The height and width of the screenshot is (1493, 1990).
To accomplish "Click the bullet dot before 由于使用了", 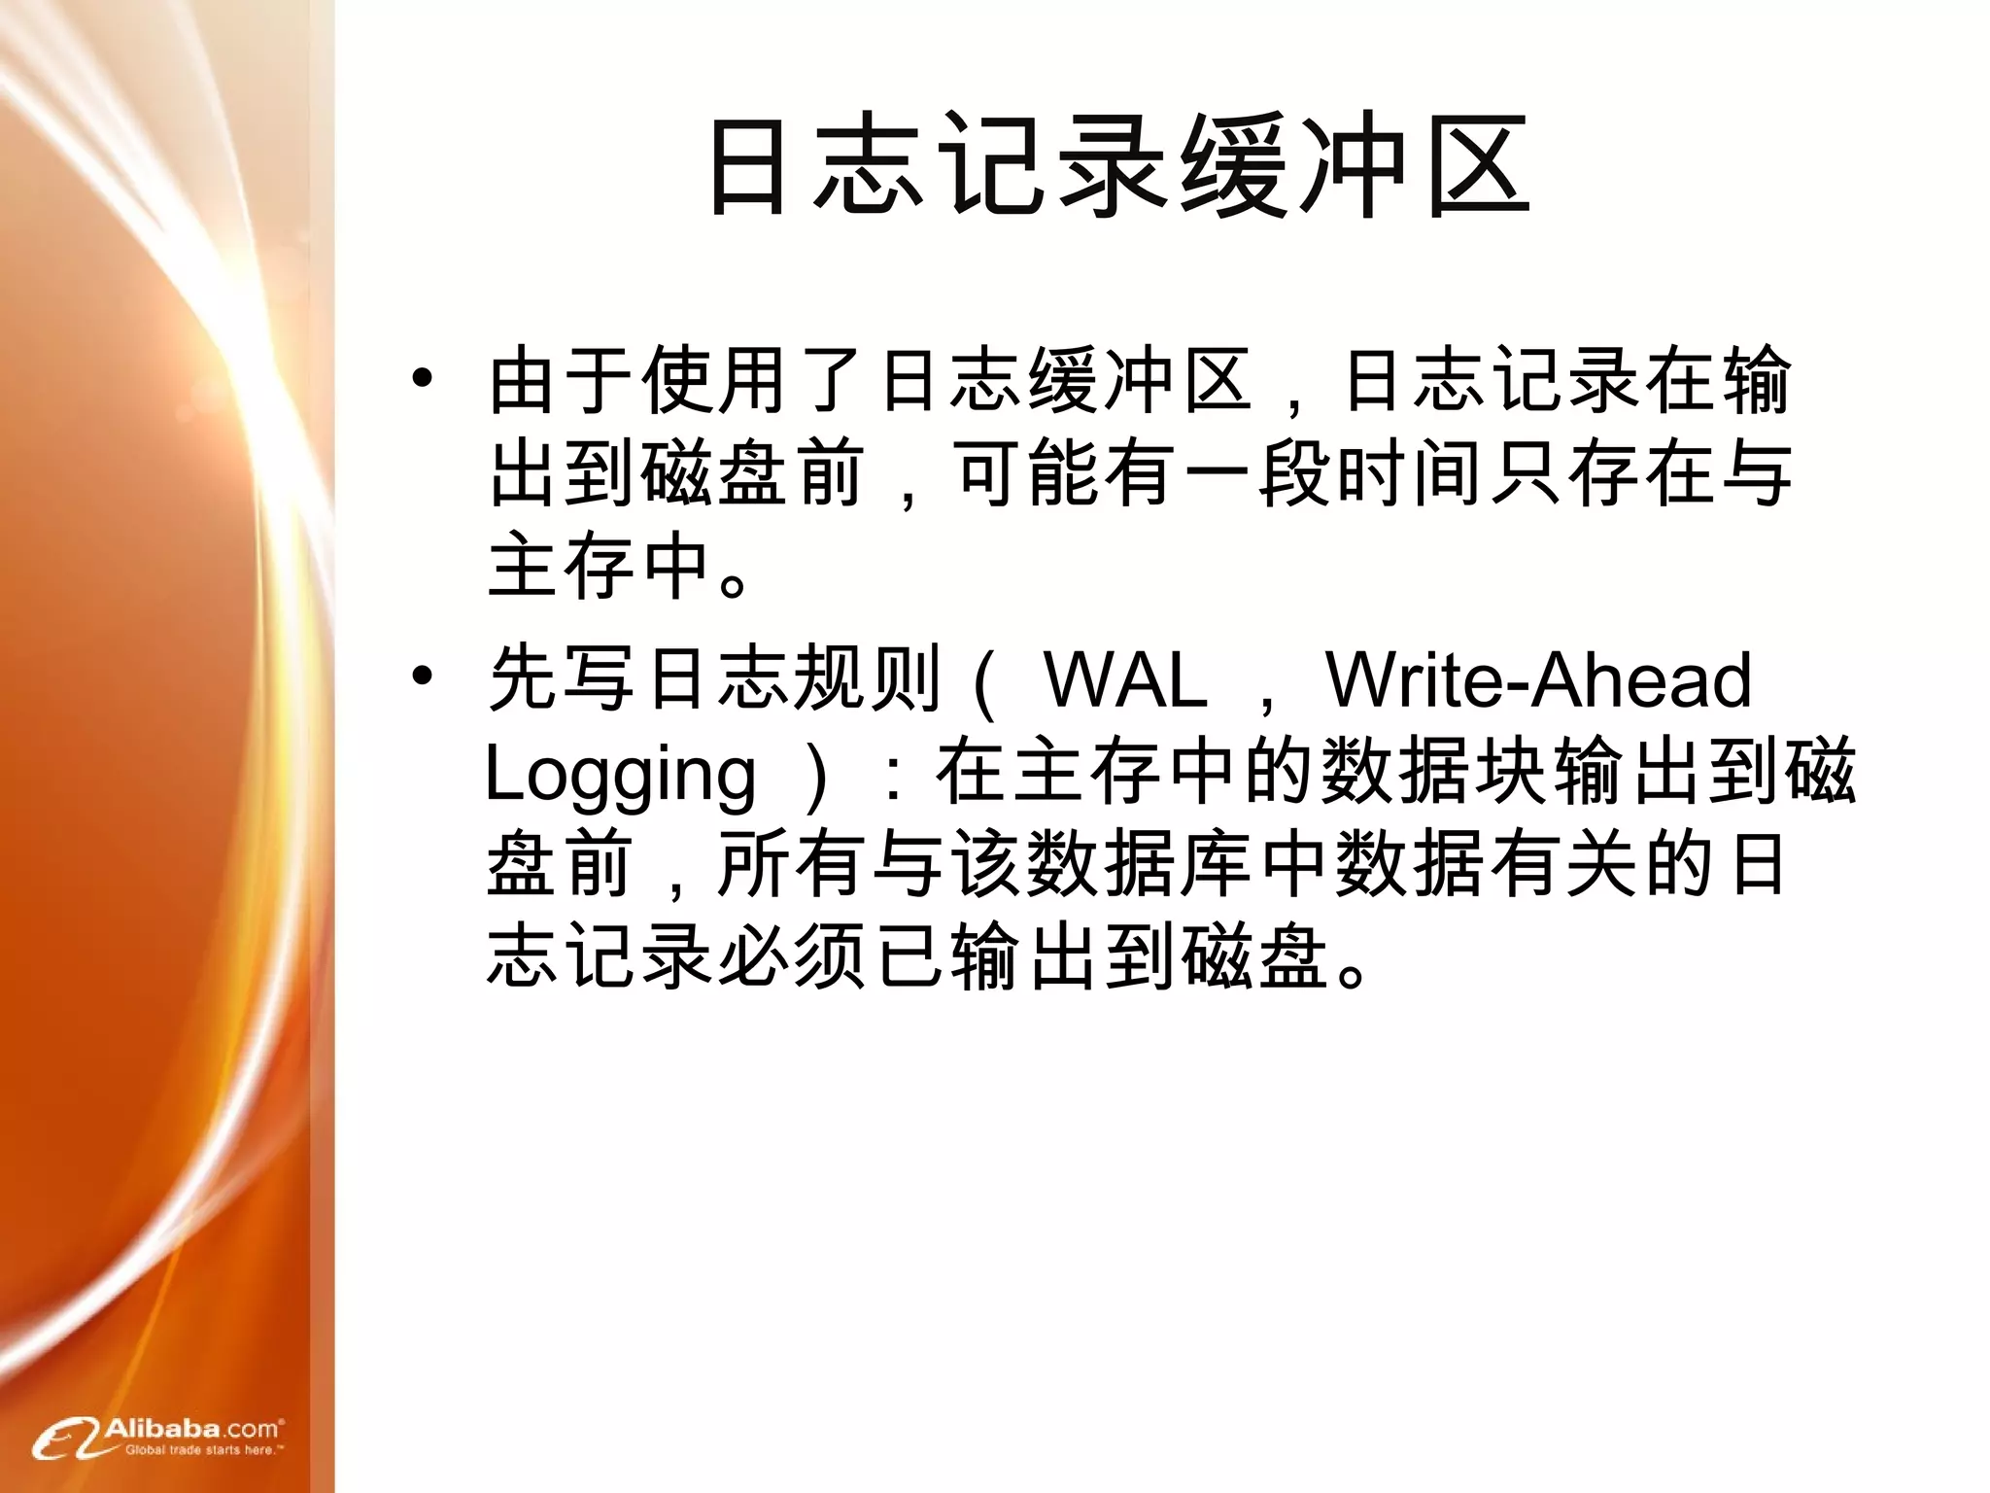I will [x=421, y=379].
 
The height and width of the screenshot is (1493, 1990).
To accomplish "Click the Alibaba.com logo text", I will [x=191, y=1428].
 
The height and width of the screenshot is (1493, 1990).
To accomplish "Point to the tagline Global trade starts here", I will [x=203, y=1450].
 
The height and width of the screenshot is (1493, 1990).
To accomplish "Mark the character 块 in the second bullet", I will [x=1509, y=773].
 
